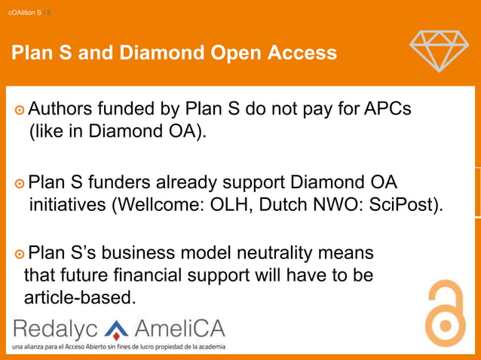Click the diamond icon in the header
coord(439,50)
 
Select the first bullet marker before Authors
coord(19,110)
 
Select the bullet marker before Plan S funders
coord(19,183)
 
